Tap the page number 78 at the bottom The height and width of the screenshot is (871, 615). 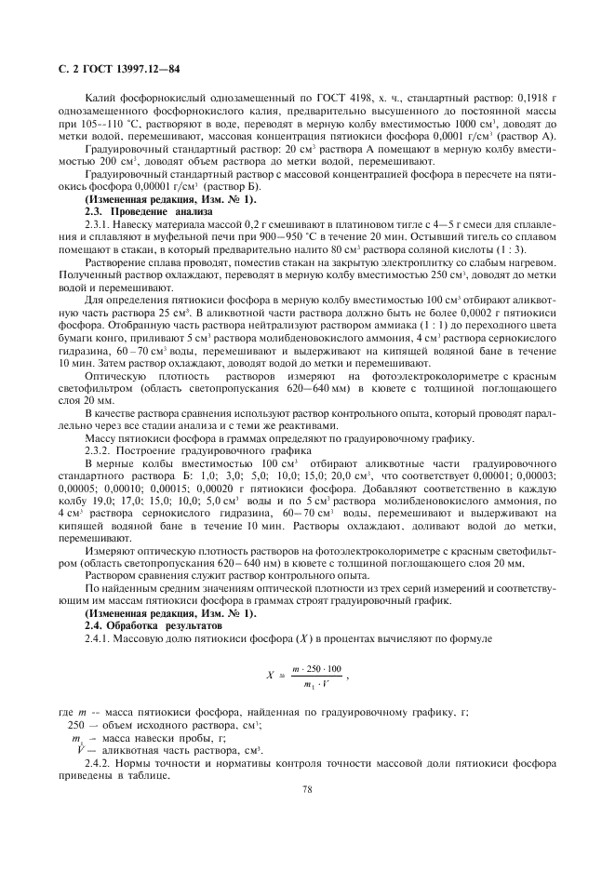pyautogui.click(x=307, y=789)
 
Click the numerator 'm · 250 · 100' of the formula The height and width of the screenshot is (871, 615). pyautogui.click(x=316, y=669)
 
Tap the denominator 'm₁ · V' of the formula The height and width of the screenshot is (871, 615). pyautogui.click(x=316, y=686)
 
